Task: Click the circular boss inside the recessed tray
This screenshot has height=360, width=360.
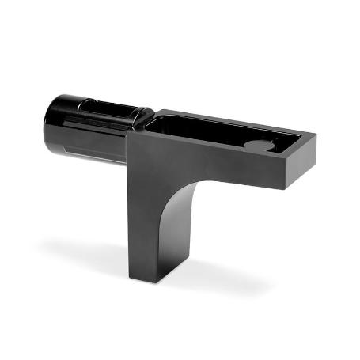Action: pos(259,145)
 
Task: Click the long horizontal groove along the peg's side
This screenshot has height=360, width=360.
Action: pos(91,127)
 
